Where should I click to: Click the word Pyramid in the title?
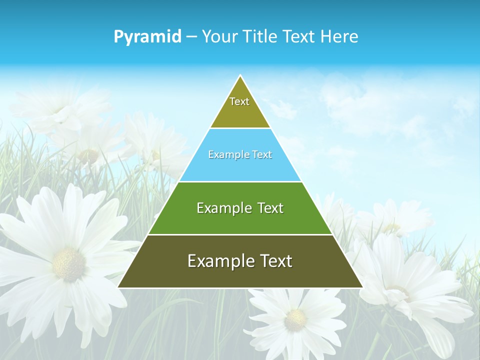(x=147, y=36)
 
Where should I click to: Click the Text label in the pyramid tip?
(x=239, y=101)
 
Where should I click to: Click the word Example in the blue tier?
(x=224, y=154)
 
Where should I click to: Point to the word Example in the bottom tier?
(x=220, y=261)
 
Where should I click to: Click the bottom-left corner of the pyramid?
(x=118, y=287)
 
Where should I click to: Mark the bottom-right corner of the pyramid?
(x=362, y=287)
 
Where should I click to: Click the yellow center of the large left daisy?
(x=68, y=264)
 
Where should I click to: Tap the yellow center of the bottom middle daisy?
(x=295, y=319)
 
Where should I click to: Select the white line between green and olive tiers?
(x=240, y=234)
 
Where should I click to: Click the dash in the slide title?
(x=191, y=37)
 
